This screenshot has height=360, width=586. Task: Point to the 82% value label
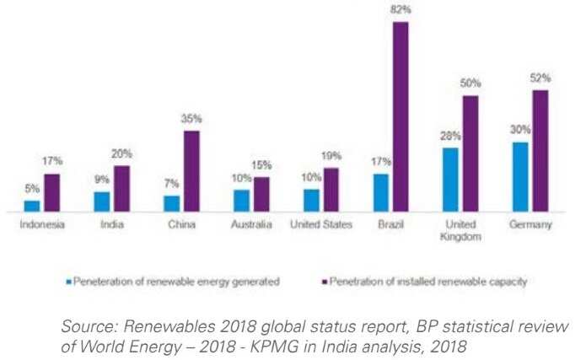pyautogui.click(x=401, y=10)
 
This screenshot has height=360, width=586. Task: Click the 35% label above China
pyautogui.click(x=192, y=120)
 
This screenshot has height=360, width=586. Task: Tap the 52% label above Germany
pyautogui.click(x=541, y=78)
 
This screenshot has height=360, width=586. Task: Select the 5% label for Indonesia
pyautogui.click(x=31, y=190)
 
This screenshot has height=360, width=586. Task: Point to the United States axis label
pyautogui.click(x=320, y=225)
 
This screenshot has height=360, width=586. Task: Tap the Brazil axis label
pyautogui.click(x=390, y=225)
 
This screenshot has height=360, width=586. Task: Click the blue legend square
pyautogui.click(x=69, y=281)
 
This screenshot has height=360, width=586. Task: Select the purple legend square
pyautogui.click(x=324, y=281)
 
